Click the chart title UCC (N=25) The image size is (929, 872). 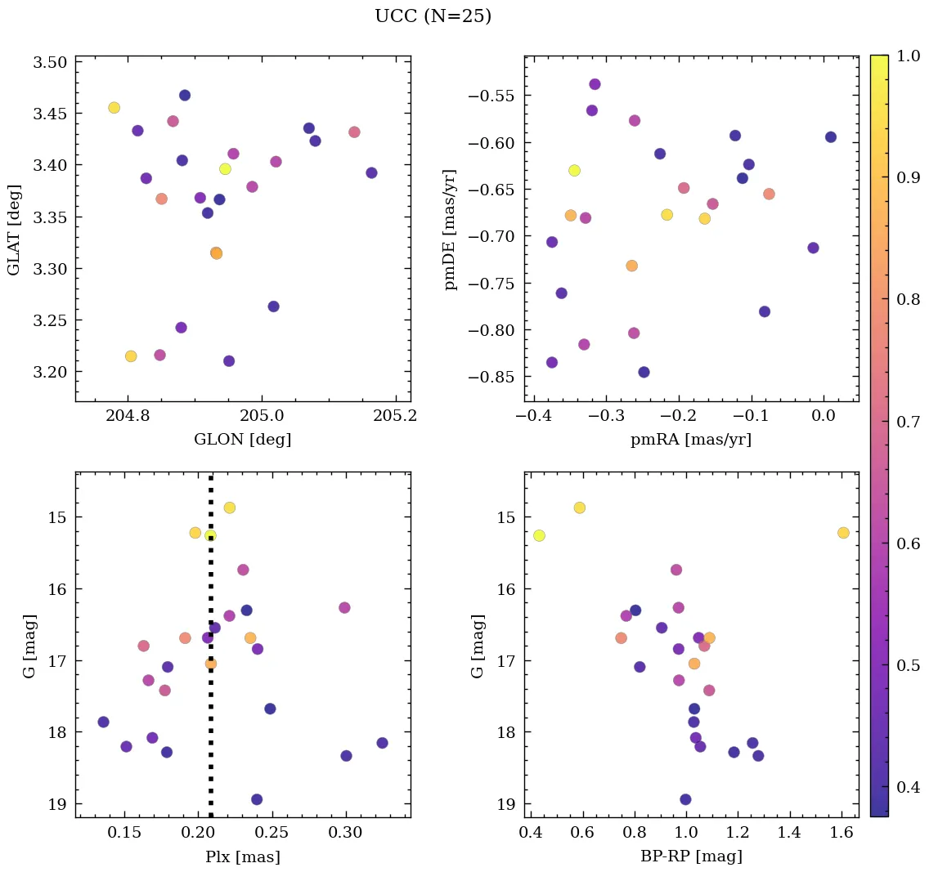(x=433, y=16)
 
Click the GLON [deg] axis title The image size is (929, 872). (x=242, y=440)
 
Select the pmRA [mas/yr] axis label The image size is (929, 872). (x=690, y=440)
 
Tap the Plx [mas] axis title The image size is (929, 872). (x=242, y=857)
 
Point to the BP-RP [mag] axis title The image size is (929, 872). (x=690, y=857)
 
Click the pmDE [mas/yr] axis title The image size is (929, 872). (x=451, y=230)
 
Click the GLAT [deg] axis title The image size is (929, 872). (x=14, y=230)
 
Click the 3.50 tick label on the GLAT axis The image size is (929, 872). (x=50, y=62)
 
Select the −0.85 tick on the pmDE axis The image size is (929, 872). (x=488, y=378)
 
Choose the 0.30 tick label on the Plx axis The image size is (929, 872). (x=346, y=833)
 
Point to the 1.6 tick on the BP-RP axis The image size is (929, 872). (x=841, y=833)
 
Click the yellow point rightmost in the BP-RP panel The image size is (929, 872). (x=843, y=533)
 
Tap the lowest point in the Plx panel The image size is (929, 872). (x=257, y=799)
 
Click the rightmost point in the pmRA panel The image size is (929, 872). (x=831, y=137)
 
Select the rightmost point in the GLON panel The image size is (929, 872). (x=371, y=172)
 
